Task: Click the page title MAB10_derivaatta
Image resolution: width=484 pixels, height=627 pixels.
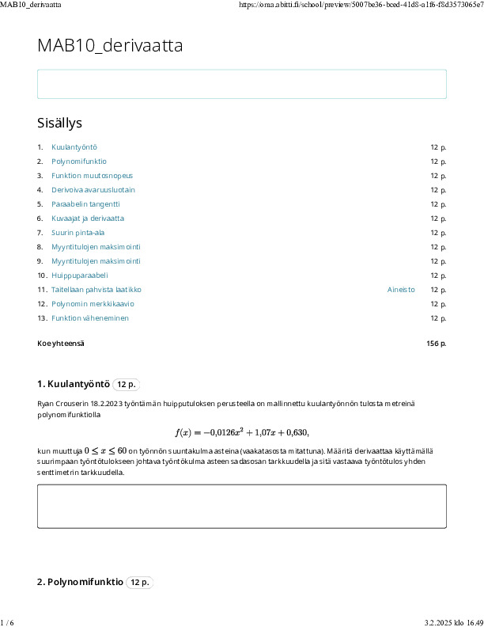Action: tap(110, 46)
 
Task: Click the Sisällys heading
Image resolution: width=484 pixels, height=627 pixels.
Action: tap(59, 123)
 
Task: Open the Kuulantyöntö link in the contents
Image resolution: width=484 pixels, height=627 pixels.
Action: tap(74, 147)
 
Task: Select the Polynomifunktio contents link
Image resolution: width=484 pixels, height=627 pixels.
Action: tap(79, 161)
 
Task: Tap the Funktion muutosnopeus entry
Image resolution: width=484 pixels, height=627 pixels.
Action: tap(92, 176)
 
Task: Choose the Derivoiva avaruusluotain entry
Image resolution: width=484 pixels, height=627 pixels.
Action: tap(93, 190)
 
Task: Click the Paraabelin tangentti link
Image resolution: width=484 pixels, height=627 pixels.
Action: tap(85, 204)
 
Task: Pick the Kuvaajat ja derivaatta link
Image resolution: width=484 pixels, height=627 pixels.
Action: tap(88, 218)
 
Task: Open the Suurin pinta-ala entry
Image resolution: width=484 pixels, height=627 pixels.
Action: tap(78, 233)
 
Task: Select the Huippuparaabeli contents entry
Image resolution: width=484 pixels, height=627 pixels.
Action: tap(79, 275)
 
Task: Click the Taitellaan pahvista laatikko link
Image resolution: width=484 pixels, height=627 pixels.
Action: tap(96, 290)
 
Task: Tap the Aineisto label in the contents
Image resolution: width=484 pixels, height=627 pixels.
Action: tap(401, 290)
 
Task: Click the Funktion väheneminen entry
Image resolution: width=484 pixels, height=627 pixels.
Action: tap(90, 318)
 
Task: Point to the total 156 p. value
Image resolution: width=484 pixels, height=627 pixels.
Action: tap(436, 344)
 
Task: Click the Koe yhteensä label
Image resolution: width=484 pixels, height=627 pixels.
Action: tap(61, 344)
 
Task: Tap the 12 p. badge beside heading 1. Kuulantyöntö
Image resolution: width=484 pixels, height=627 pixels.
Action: tap(127, 385)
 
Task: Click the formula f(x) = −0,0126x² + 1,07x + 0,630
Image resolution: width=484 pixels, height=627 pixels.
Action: tap(241, 432)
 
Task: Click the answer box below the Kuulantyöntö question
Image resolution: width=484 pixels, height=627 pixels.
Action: tap(241, 506)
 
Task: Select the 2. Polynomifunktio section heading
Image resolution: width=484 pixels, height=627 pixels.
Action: tap(80, 583)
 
